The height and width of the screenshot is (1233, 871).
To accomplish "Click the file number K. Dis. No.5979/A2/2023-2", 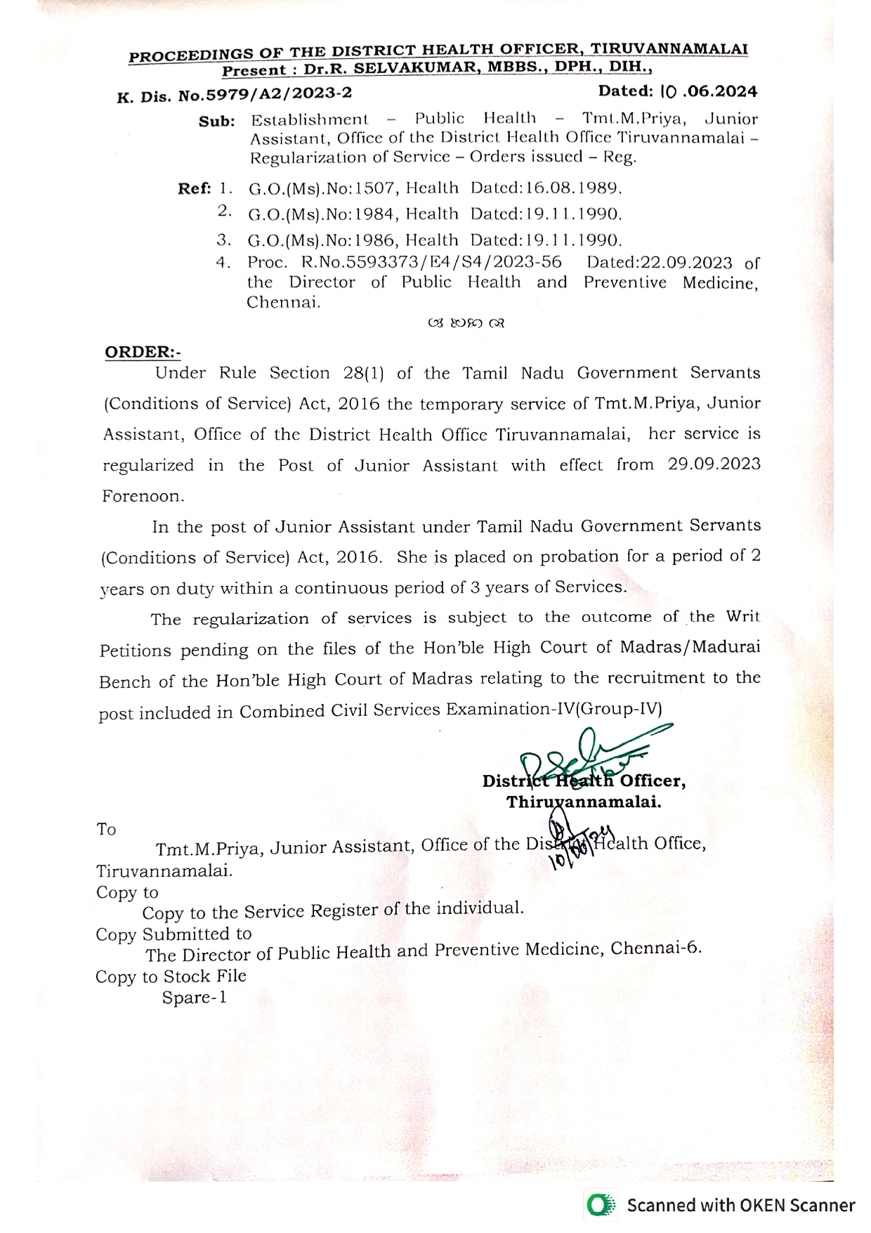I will point(235,94).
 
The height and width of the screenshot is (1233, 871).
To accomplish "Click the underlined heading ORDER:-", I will point(143,352).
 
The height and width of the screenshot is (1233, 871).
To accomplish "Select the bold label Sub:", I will point(216,122).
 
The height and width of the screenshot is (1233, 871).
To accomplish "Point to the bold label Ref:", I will point(195,188).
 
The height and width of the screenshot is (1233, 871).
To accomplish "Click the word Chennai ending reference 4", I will point(283,303).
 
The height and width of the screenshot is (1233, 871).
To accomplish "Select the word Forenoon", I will point(143,496).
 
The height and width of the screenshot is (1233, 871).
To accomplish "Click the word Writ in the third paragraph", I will point(742,617).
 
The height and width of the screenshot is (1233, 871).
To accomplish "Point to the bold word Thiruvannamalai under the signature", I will point(584,802).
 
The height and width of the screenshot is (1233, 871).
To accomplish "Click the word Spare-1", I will point(195,998).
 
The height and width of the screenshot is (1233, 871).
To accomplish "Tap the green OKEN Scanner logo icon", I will point(599,1206).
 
